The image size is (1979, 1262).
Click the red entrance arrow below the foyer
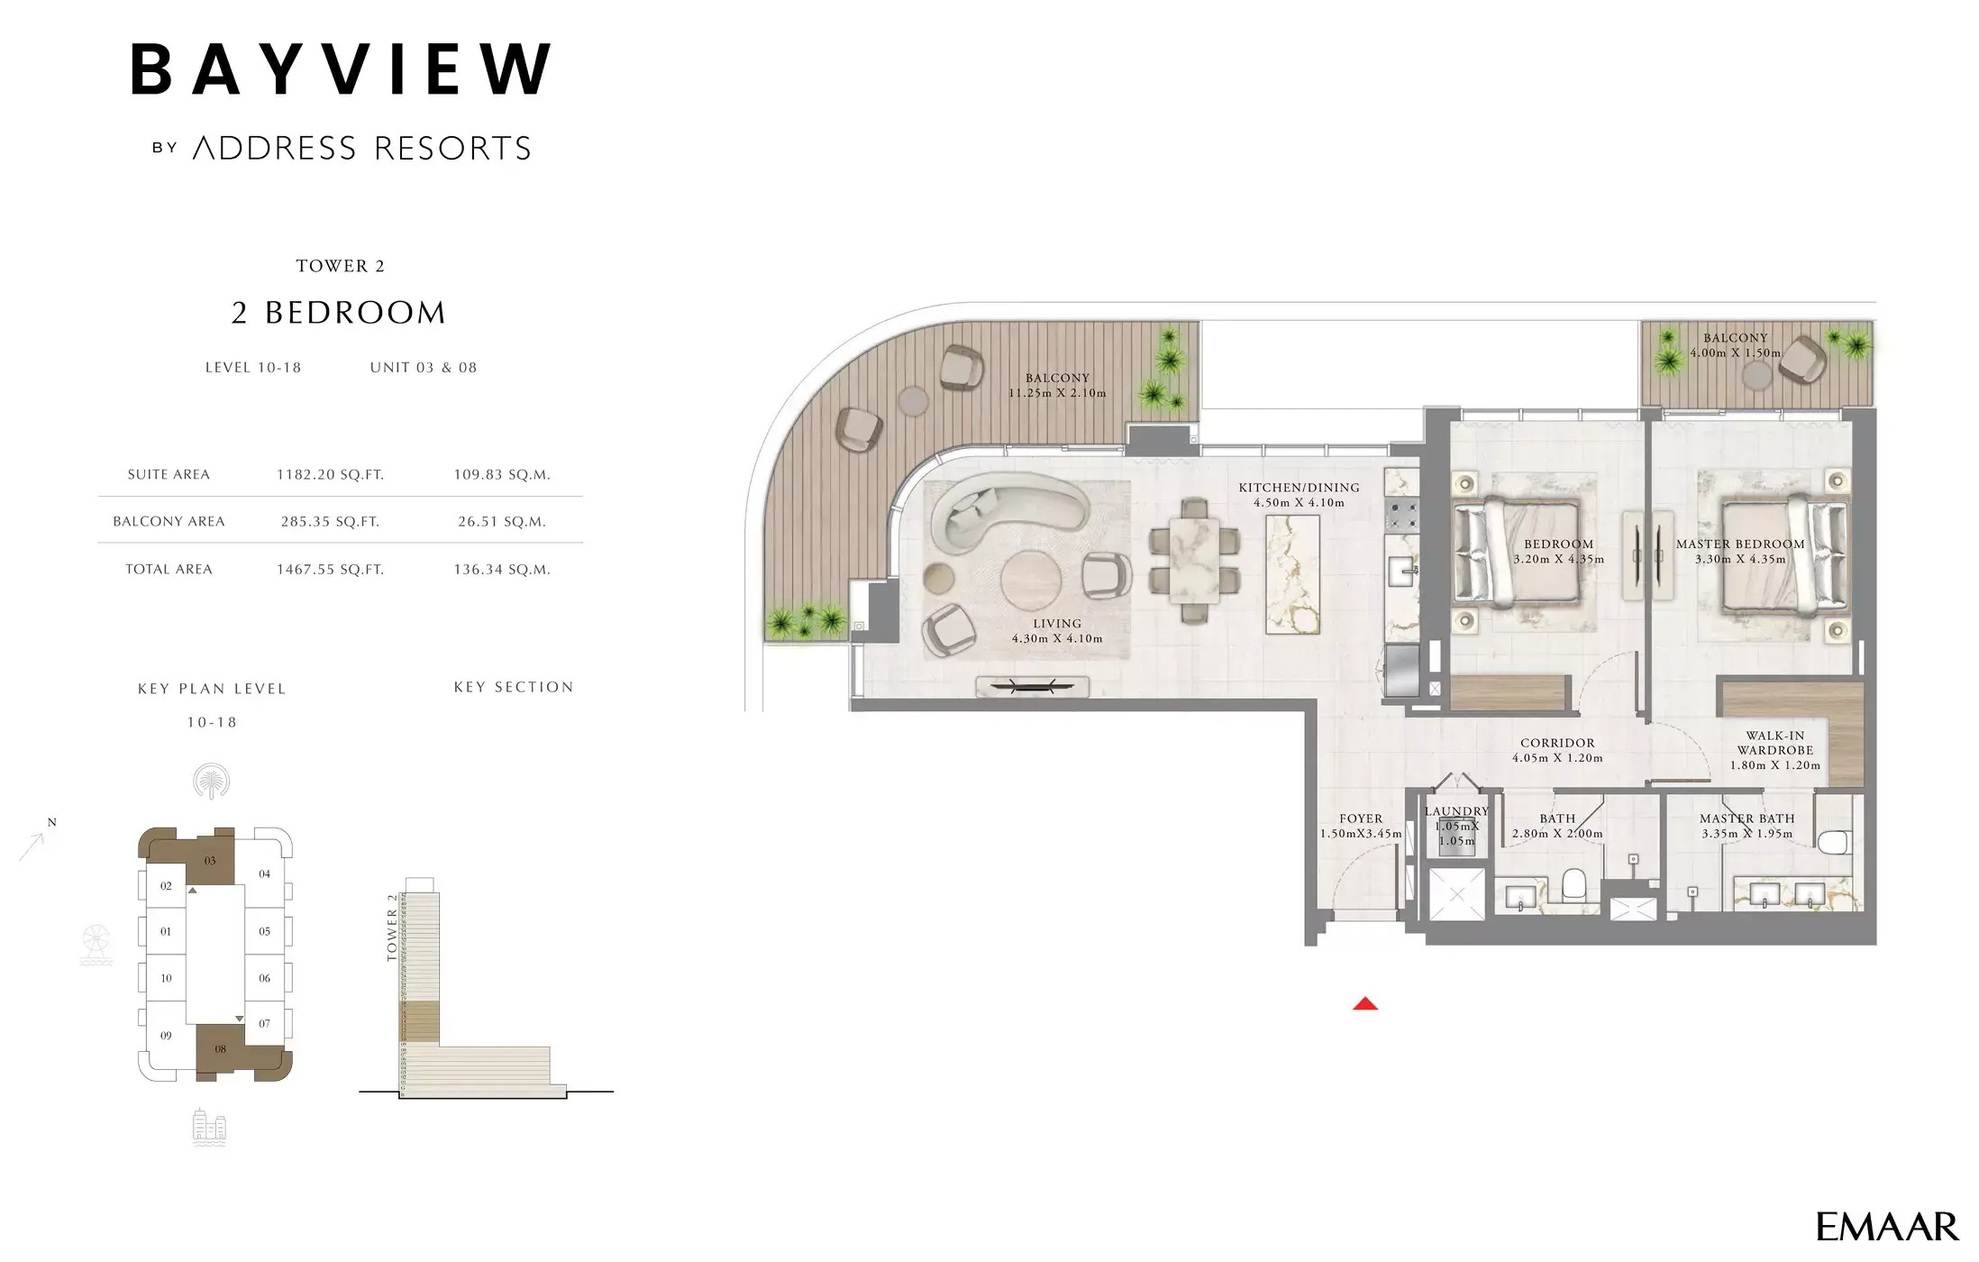click(x=1364, y=1004)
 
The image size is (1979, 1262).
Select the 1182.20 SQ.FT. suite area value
click(x=330, y=475)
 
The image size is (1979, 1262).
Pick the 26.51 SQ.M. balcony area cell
click(x=501, y=522)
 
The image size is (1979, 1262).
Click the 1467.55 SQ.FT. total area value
click(x=330, y=570)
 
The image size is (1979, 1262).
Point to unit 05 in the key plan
click(x=264, y=932)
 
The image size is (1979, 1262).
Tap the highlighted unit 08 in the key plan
click(x=220, y=1049)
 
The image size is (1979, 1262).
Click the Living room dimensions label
click(x=1056, y=639)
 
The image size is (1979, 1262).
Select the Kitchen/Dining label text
click(x=1298, y=488)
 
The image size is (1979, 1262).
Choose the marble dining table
click(x=1195, y=560)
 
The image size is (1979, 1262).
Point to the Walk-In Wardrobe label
click(x=1774, y=744)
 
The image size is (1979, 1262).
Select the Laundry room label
click(x=1456, y=811)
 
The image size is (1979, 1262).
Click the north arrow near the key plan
click(x=34, y=844)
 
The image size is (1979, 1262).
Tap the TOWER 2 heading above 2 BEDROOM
click(x=340, y=267)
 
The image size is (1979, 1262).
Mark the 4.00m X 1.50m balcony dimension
click(x=1735, y=353)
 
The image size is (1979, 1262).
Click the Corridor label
click(x=1557, y=744)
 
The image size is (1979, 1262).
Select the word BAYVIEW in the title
click(x=341, y=70)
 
